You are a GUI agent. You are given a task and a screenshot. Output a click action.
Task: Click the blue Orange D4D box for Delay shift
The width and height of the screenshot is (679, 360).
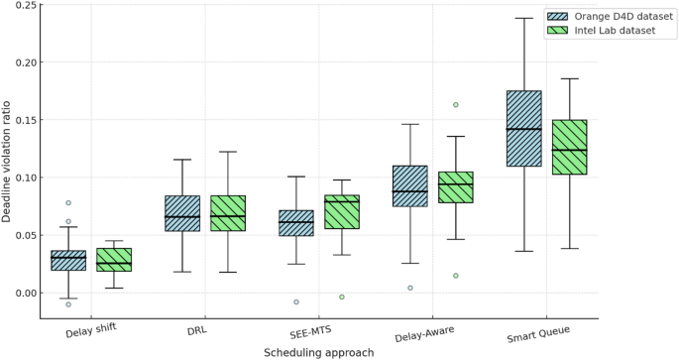(68, 261)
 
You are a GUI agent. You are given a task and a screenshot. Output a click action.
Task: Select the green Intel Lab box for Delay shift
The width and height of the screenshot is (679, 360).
(113, 260)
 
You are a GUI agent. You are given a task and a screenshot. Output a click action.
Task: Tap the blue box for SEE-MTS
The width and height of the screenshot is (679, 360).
(295, 223)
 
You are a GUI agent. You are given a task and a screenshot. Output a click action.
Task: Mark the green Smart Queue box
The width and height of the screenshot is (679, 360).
(569, 147)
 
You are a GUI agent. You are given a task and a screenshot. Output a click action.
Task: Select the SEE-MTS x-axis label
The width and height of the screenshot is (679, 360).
(316, 329)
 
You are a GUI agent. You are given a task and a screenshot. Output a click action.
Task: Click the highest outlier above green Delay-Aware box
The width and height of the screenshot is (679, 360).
(456, 104)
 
